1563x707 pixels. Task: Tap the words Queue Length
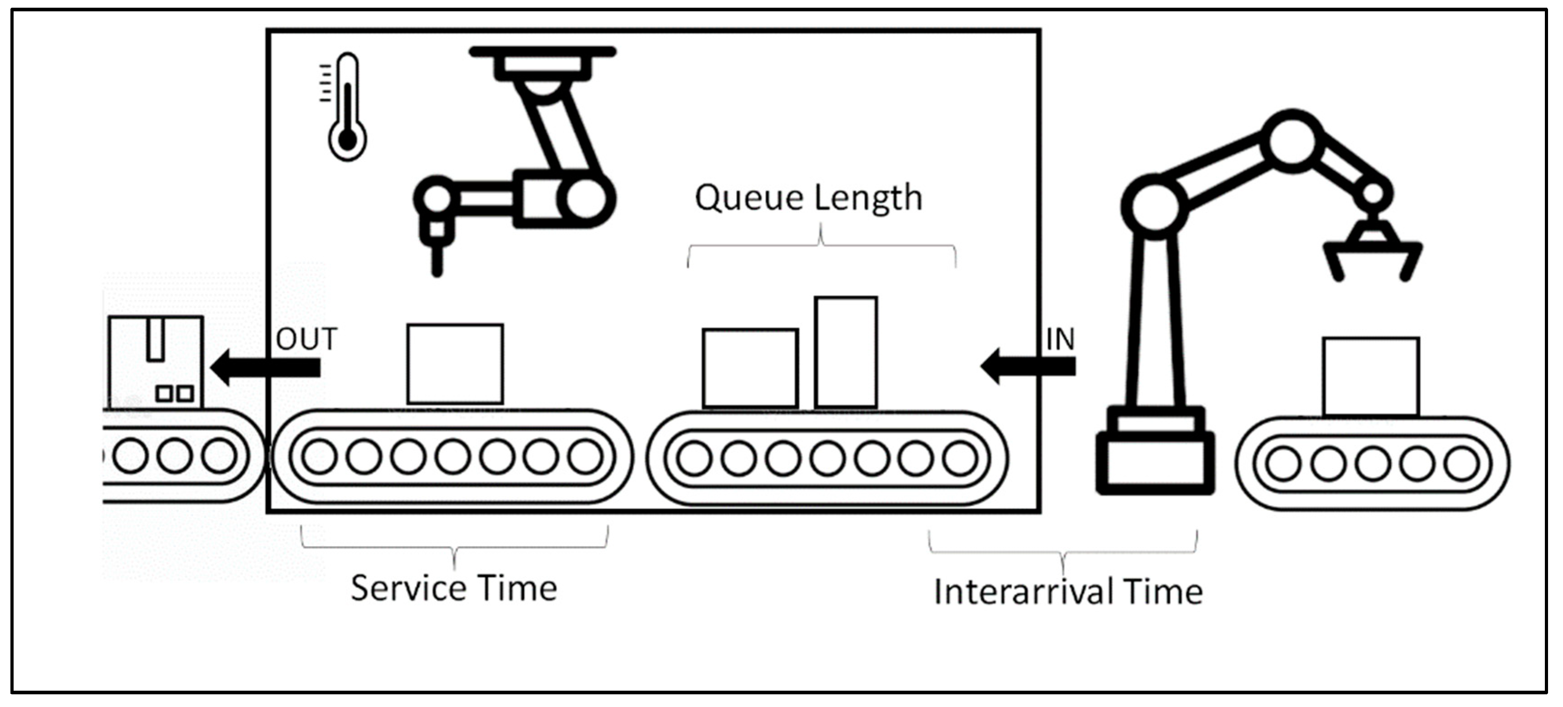[808, 198]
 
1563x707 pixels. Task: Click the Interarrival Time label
[1068, 592]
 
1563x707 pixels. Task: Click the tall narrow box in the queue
[846, 352]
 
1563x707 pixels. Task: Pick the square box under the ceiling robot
[455, 363]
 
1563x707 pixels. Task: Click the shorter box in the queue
[750, 368]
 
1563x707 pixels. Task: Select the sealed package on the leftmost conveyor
[155, 362]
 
